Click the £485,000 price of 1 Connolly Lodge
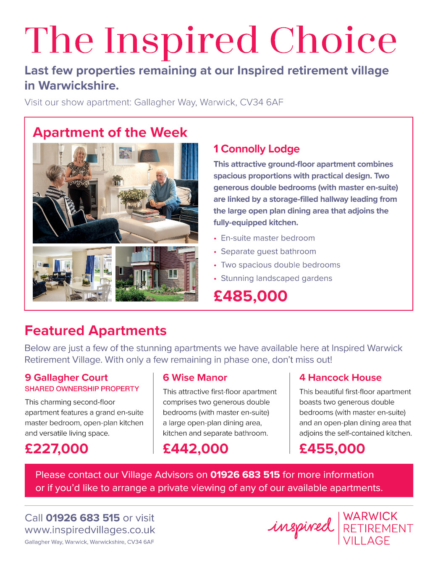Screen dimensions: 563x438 tap(250, 296)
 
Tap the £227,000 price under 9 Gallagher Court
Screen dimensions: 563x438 tap(56, 449)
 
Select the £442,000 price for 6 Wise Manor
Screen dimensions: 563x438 tap(195, 449)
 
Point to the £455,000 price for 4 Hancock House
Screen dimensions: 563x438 tap(332, 449)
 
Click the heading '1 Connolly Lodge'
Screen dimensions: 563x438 tap(256, 149)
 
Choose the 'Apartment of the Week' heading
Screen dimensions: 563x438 tap(110, 132)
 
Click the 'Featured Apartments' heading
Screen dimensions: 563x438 tap(95, 330)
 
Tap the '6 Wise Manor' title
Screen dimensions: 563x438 tap(195, 378)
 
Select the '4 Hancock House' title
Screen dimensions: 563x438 tap(340, 378)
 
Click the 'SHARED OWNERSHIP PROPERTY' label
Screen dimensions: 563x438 tap(82, 389)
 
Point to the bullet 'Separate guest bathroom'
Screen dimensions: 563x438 tap(268, 251)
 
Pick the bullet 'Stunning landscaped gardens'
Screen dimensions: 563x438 tap(276, 278)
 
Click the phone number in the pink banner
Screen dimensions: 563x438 tap(245, 475)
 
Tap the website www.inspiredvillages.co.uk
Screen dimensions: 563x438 tap(90, 530)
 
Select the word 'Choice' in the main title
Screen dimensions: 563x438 tap(333, 40)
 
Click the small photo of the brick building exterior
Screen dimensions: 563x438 tap(157, 274)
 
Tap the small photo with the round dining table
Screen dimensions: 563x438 tap(72, 274)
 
